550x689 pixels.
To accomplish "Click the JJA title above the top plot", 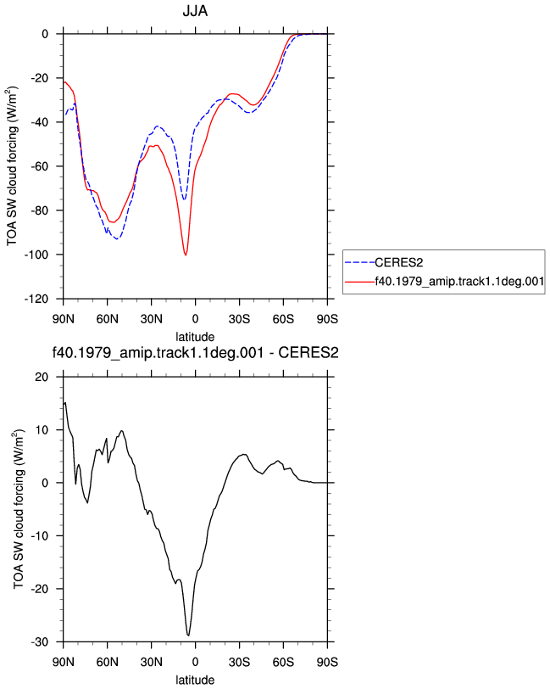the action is point(195,10).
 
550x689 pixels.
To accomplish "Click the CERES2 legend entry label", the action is point(398,263).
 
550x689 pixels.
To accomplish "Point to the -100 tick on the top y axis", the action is point(36,255).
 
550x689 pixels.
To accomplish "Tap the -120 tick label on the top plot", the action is point(36,300).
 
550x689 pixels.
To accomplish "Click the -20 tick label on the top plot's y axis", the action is point(40,78).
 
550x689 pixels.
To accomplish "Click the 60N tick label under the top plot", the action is point(107,319).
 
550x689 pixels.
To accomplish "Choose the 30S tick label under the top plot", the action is point(239,319).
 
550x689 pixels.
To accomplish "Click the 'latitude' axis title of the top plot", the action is point(195,337).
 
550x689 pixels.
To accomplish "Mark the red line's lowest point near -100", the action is point(186,255).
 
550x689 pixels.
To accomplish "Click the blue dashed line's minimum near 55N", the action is point(117,238).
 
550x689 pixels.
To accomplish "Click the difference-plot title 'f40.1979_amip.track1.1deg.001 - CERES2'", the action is point(195,352).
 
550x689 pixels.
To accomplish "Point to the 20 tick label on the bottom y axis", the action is point(42,377).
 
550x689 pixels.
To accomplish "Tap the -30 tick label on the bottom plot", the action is point(40,642).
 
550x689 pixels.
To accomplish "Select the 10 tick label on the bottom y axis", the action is point(42,430).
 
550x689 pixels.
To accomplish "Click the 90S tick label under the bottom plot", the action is point(327,662).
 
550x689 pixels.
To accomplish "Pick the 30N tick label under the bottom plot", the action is point(151,662).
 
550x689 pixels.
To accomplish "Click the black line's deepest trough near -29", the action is point(188,635).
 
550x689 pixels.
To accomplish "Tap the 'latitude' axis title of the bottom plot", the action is point(195,681).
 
